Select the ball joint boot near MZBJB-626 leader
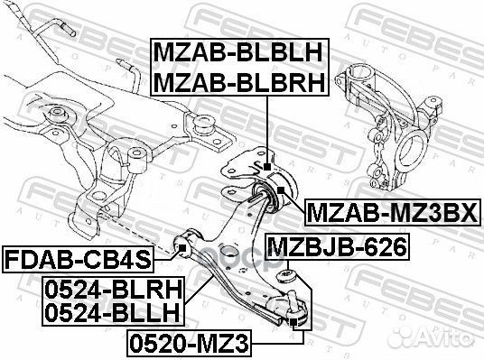288,275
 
